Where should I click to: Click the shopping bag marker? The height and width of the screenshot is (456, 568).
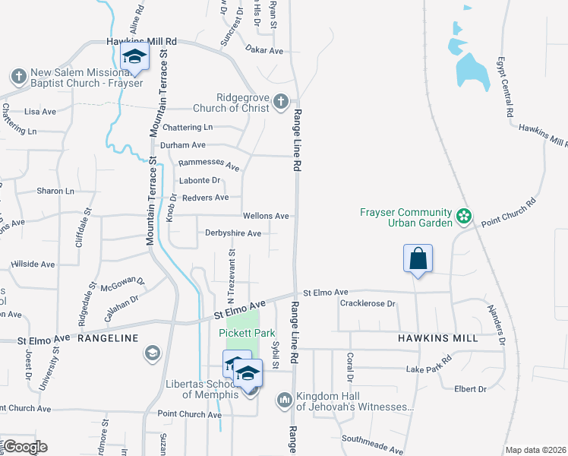point(418,258)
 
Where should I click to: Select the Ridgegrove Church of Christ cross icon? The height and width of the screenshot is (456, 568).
point(280,101)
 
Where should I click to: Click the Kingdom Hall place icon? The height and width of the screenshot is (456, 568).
point(285,399)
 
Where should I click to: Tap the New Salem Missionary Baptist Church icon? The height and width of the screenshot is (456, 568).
point(18,76)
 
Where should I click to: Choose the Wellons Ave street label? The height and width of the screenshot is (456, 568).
point(266,216)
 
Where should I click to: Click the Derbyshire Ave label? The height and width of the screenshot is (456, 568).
point(232,233)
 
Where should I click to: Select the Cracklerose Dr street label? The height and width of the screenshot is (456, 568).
point(369,304)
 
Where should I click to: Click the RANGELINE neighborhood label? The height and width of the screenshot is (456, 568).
point(107,337)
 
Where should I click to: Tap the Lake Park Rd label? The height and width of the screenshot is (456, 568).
point(429,369)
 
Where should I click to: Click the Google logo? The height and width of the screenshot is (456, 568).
point(24,447)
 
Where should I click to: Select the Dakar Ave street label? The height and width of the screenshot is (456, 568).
point(264,50)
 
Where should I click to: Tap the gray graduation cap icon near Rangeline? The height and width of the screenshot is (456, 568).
point(152,353)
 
